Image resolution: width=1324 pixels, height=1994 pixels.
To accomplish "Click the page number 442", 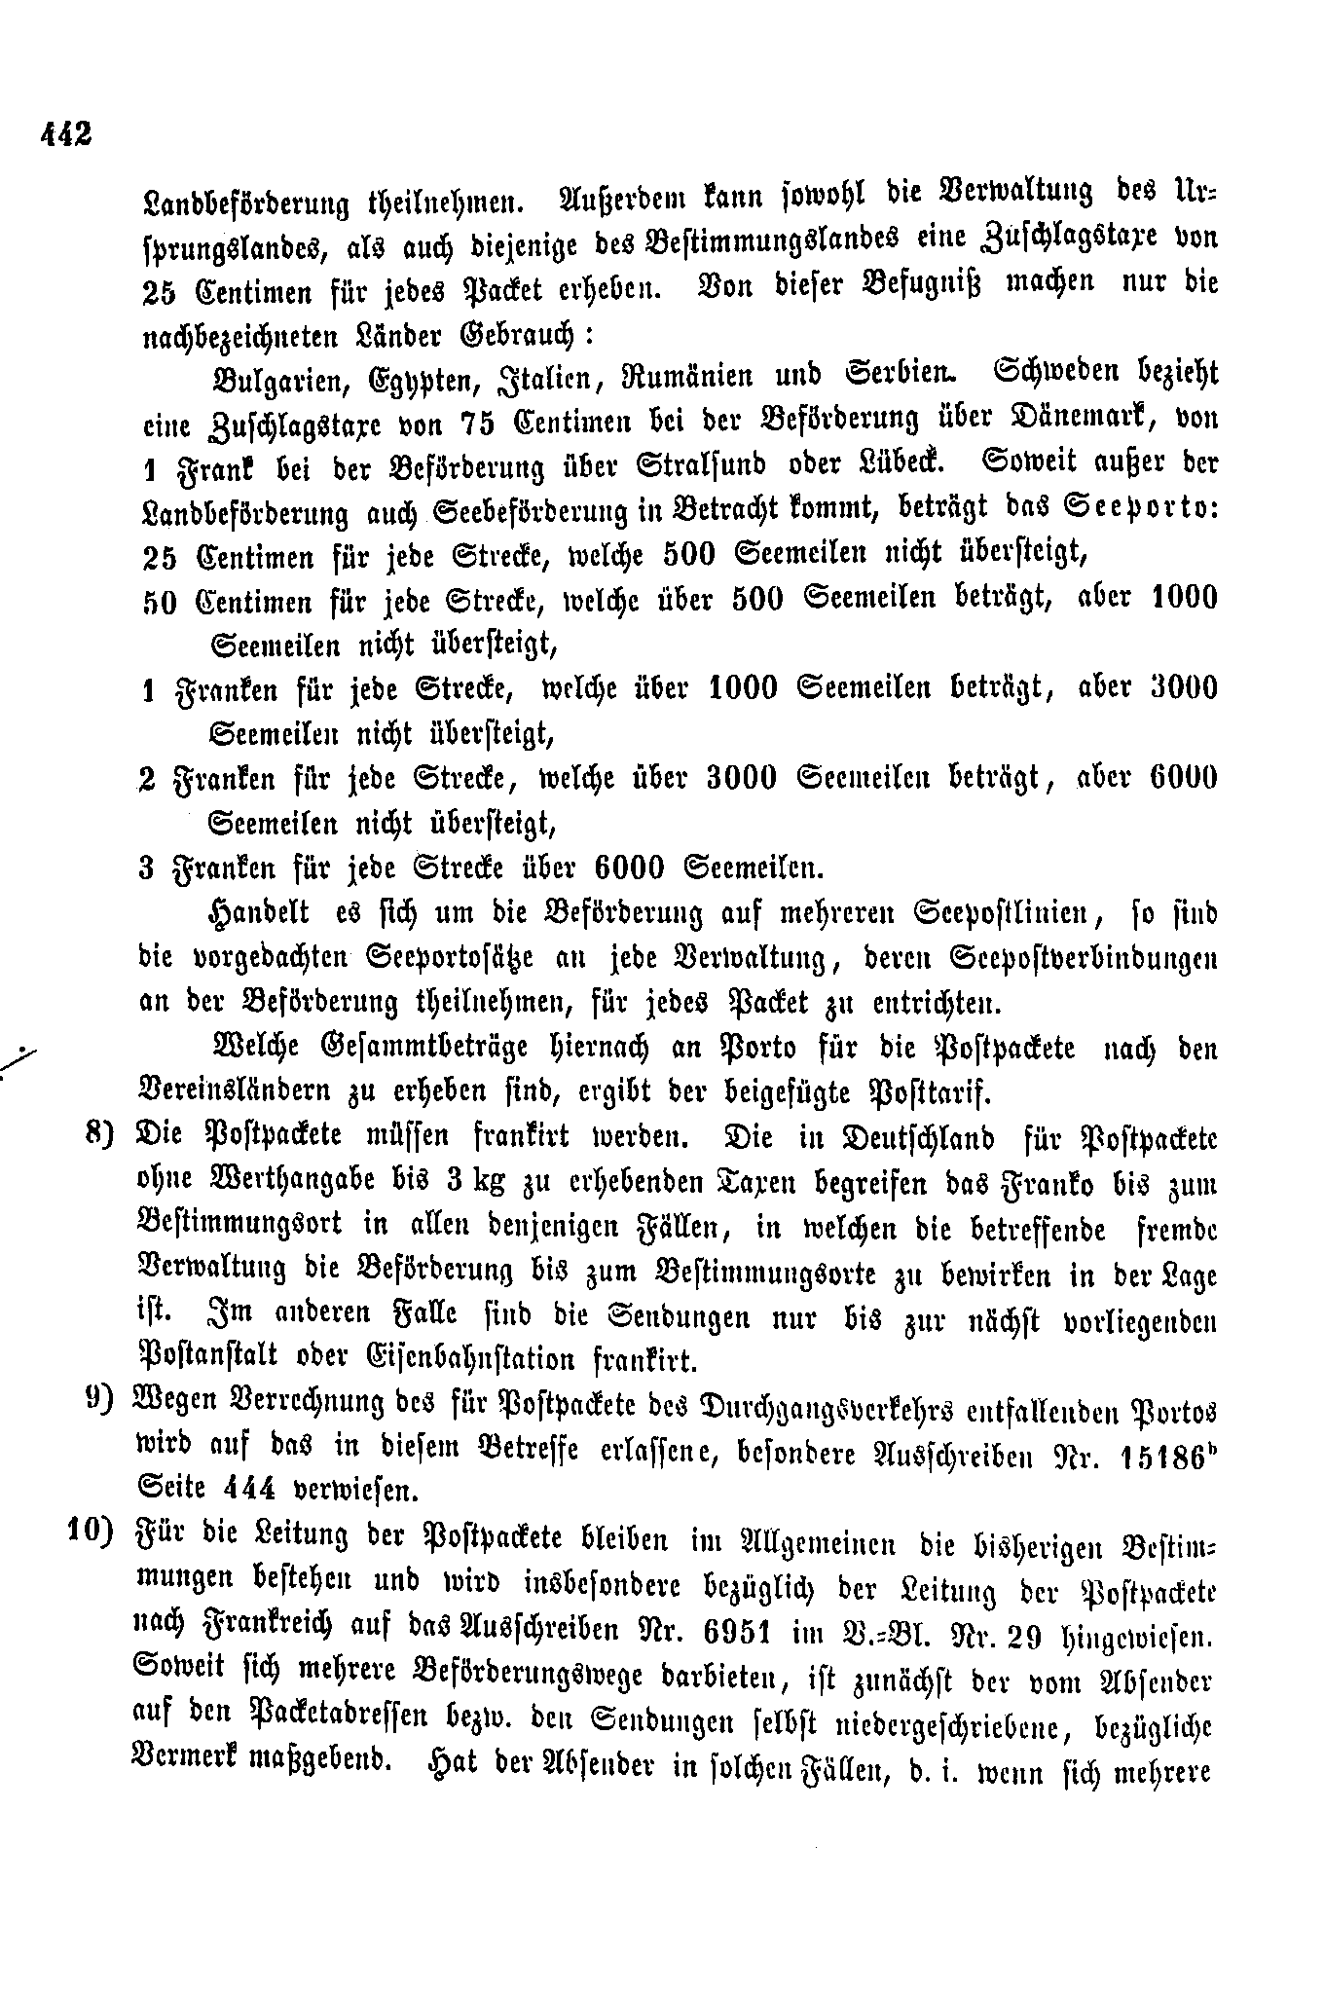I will tap(66, 133).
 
